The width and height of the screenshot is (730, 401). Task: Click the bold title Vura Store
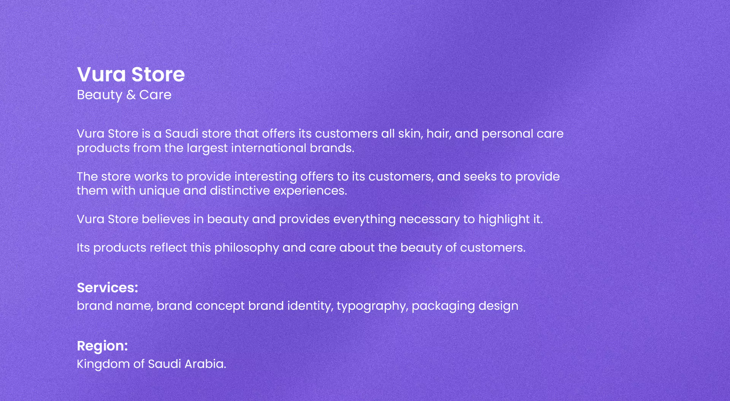(x=131, y=74)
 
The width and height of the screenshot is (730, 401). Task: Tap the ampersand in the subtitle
(x=131, y=95)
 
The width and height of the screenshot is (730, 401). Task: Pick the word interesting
(x=266, y=177)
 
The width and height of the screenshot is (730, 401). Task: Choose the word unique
(x=159, y=191)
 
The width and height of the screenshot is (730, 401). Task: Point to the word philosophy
(x=247, y=248)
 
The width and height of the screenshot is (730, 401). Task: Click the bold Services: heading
(x=108, y=288)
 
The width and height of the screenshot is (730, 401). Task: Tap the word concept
(x=220, y=306)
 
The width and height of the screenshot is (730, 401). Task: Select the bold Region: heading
(x=102, y=346)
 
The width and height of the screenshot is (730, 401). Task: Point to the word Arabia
(x=205, y=364)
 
